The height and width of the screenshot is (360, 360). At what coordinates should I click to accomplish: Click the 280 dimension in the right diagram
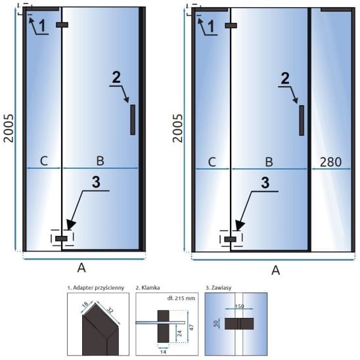[330, 162]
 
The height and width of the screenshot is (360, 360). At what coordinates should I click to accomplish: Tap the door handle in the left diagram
[133, 120]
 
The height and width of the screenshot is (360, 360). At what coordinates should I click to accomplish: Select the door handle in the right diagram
[302, 120]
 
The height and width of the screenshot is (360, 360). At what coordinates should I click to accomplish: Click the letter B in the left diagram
[100, 161]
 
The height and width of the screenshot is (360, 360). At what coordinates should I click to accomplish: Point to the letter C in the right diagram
[212, 162]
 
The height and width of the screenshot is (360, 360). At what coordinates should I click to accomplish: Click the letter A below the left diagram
[81, 268]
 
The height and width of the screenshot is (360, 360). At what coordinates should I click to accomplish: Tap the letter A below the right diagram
[275, 270]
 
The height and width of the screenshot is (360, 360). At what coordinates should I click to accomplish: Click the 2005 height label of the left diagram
[9, 128]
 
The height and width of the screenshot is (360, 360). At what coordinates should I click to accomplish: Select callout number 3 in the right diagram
[265, 183]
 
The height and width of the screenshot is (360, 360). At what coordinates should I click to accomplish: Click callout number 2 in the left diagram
[116, 78]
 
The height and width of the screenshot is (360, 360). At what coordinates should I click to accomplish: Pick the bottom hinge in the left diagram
[61, 238]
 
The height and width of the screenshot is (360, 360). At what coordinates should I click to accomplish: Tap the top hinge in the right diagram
[231, 26]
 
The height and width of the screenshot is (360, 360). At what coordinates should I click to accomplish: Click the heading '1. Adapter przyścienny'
[96, 288]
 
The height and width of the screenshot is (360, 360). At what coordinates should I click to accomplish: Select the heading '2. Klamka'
[148, 288]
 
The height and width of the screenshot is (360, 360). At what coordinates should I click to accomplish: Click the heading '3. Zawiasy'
[218, 288]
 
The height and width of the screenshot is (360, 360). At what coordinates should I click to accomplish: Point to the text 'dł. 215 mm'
[181, 298]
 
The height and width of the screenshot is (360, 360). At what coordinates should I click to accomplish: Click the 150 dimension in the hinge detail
[239, 306]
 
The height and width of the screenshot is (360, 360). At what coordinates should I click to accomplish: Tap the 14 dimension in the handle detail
[163, 351]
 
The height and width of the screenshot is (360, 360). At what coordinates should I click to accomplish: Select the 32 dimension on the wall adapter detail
[110, 311]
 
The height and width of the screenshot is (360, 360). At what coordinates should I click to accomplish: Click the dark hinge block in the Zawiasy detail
[239, 324]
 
